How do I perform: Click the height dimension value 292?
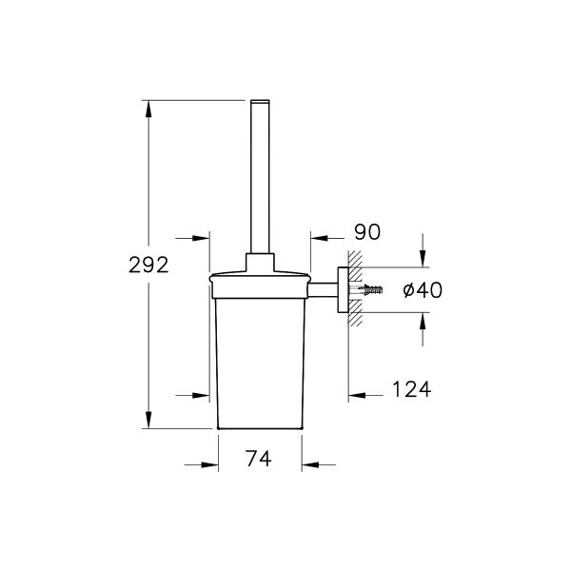click(x=148, y=266)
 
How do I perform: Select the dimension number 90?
click(x=366, y=231)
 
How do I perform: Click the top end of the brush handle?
click(x=260, y=103)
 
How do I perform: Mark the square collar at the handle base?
click(x=260, y=262)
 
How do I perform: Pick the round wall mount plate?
click(x=344, y=289)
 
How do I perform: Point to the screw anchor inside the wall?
click(x=371, y=289)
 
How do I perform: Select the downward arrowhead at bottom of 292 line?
click(x=148, y=419)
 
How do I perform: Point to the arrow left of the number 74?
click(x=202, y=464)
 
